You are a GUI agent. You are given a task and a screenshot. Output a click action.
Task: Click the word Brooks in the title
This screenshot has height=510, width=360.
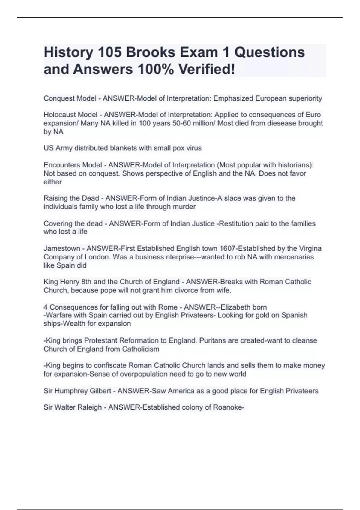[x=150, y=52]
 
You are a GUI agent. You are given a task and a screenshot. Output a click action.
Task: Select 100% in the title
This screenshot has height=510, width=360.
[x=155, y=70]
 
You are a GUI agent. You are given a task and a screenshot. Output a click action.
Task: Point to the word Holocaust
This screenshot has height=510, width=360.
[x=60, y=115]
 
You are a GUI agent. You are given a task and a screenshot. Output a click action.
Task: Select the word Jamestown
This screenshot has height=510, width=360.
[x=62, y=248]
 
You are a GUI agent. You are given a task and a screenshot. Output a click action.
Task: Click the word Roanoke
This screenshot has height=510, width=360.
[x=228, y=407]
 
